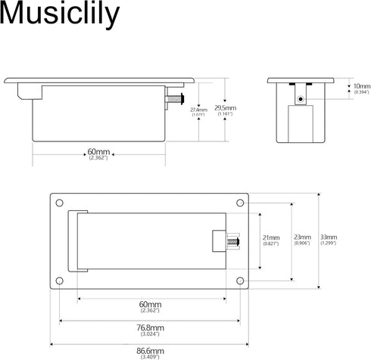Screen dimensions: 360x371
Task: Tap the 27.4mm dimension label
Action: point(198,111)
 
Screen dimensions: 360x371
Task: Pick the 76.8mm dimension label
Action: point(151,327)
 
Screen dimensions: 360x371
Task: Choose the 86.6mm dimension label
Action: point(151,351)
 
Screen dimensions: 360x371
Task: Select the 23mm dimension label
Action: point(302,237)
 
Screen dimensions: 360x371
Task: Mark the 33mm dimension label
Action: point(329,237)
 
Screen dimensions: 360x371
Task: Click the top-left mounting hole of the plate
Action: point(58,203)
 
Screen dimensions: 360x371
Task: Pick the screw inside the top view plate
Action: point(232,242)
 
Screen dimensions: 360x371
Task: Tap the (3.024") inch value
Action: point(151,334)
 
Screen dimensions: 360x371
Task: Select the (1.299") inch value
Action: point(329,244)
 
